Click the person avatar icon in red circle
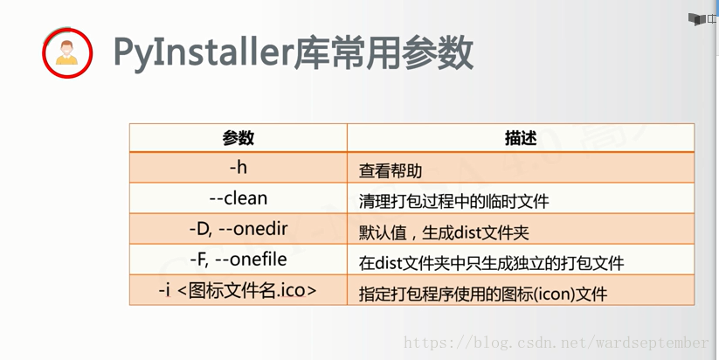pyautogui.click(x=67, y=52)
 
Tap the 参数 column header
pyautogui.click(x=239, y=137)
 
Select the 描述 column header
pyautogui.click(x=521, y=137)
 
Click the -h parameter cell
pyautogui.click(x=239, y=168)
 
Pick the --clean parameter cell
pyautogui.click(x=239, y=198)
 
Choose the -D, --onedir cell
pyautogui.click(x=239, y=228)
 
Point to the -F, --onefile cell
pyautogui.click(x=239, y=260)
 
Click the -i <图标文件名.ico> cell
pyautogui.click(x=238, y=290)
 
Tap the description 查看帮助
pyautogui.click(x=391, y=171)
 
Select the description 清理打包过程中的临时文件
pyautogui.click(x=453, y=201)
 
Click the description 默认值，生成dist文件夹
pyautogui.click(x=444, y=232)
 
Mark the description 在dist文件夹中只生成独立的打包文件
pyautogui.click(x=491, y=263)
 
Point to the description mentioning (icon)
pyautogui.click(x=483, y=294)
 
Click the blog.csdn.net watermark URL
pyautogui.click(x=556, y=343)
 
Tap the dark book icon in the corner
pyautogui.click(x=697, y=19)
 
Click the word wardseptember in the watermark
pyautogui.click(x=652, y=343)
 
